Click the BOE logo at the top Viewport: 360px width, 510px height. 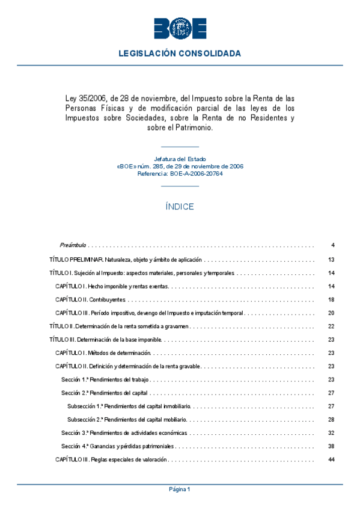point(180,28)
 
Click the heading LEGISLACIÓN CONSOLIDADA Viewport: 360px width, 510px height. point(180,54)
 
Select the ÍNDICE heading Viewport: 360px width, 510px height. point(180,207)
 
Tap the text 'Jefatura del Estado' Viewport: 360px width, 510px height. point(180,159)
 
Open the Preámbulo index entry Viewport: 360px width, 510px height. point(73,245)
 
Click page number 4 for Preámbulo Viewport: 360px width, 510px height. point(332,245)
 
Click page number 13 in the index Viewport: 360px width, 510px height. point(331,260)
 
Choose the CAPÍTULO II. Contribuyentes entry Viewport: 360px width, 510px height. point(90,300)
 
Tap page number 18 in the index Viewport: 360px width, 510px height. point(331,300)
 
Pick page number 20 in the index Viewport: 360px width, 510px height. point(331,313)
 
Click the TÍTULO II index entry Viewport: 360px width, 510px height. point(119,326)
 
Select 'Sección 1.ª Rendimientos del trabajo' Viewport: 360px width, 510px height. point(105,379)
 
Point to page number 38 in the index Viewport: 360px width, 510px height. point(331,446)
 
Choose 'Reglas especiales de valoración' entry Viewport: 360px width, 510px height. point(111,459)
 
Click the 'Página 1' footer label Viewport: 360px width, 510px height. point(180,490)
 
